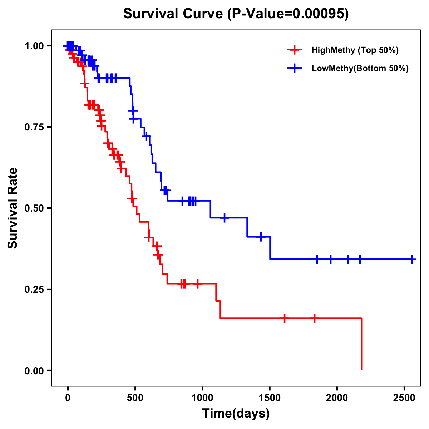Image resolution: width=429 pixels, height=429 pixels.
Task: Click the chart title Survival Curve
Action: (x=236, y=14)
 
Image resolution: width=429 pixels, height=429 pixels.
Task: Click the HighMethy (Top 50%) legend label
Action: (x=355, y=50)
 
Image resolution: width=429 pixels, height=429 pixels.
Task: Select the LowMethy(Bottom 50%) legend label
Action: (x=360, y=69)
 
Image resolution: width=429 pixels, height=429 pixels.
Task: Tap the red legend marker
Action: (x=294, y=50)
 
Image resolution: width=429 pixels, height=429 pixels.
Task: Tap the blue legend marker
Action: (x=294, y=69)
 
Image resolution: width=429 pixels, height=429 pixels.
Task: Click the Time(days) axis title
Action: (x=236, y=414)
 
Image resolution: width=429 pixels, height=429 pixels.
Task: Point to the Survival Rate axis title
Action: (x=13, y=208)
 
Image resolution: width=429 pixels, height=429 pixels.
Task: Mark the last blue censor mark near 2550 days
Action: (x=412, y=259)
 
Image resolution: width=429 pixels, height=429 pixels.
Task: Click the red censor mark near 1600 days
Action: (x=285, y=318)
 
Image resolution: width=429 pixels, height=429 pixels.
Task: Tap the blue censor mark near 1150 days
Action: (x=225, y=218)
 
